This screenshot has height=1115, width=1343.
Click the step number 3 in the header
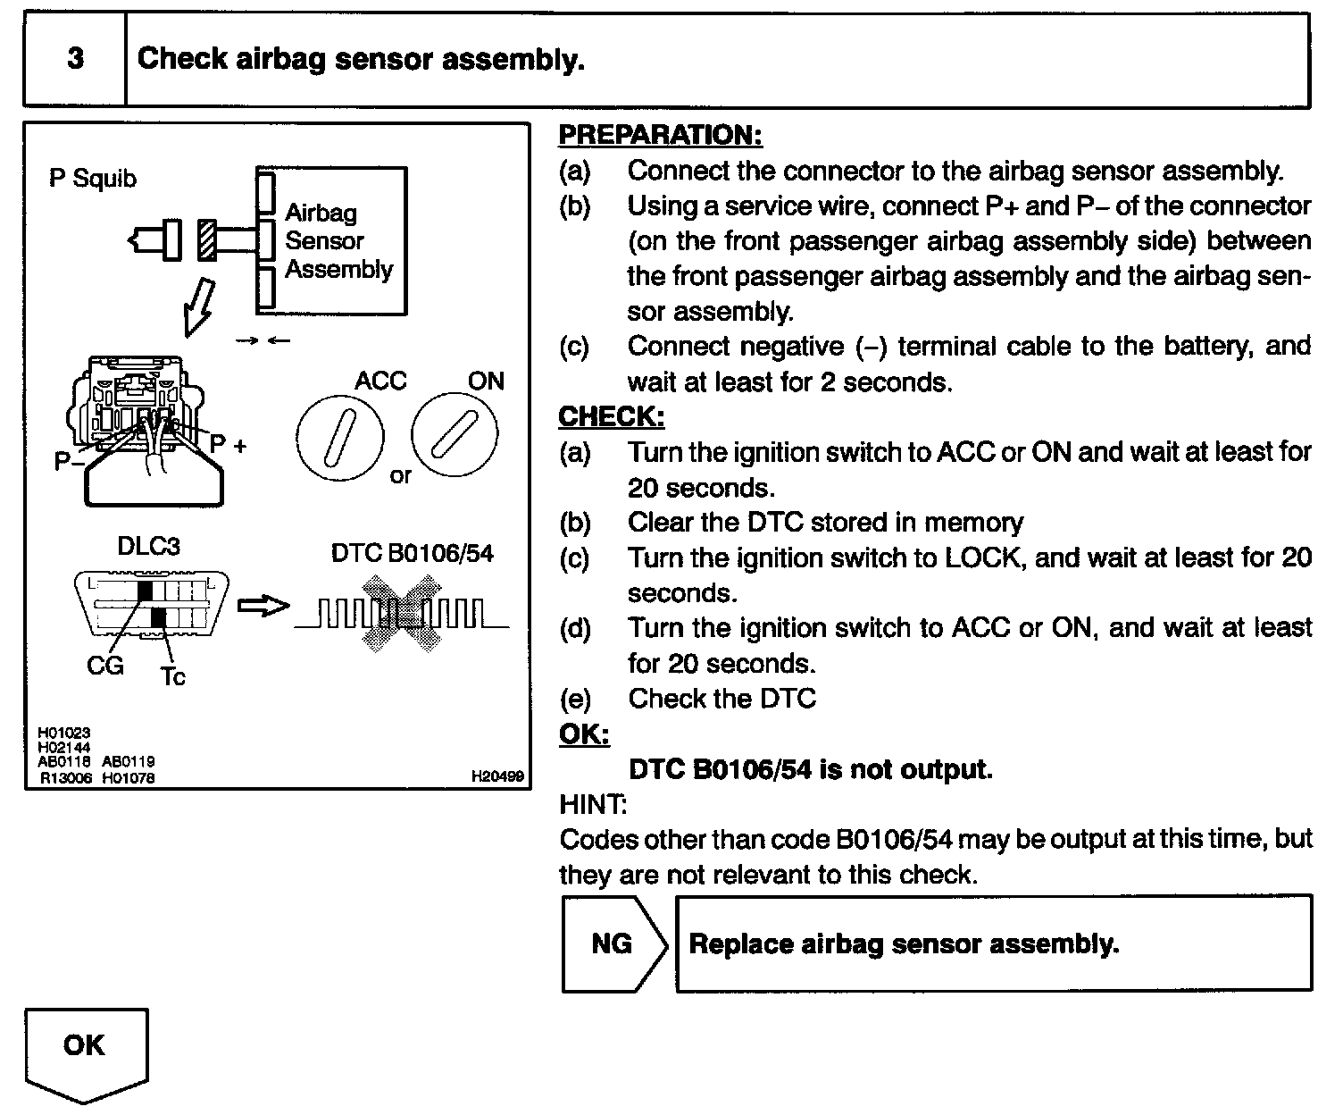75,59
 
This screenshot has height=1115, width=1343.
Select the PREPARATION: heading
660,135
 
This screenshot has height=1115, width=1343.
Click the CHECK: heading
612,416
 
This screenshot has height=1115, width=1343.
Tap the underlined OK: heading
584,734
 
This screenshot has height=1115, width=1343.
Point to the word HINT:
593,804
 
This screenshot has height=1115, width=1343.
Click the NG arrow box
613,943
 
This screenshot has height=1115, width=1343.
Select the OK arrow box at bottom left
85,1051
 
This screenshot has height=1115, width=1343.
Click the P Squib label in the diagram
93,179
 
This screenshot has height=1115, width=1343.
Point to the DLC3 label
148,546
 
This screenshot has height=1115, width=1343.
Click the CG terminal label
105,666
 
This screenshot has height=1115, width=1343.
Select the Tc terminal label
172,676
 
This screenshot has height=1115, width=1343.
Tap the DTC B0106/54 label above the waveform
412,554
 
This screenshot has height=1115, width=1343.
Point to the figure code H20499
497,777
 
